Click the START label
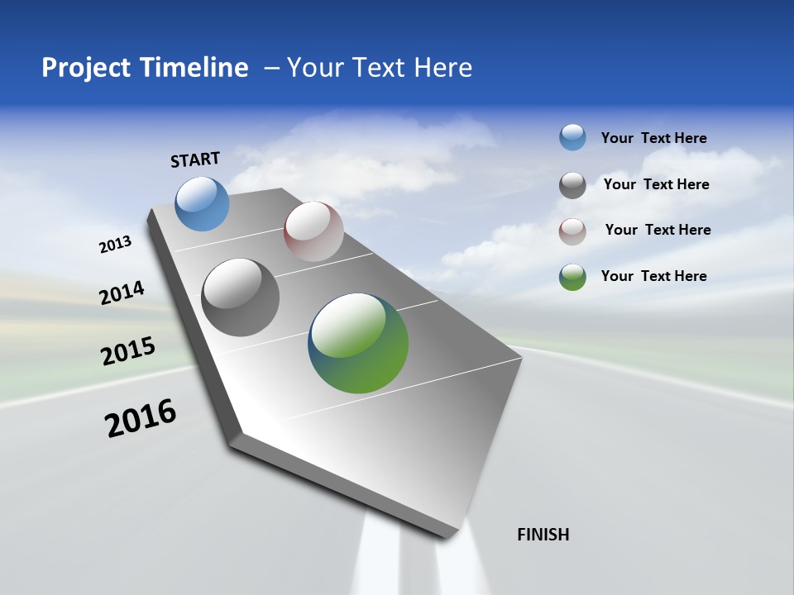click(x=195, y=159)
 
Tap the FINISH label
click(x=543, y=535)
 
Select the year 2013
click(x=116, y=245)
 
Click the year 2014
click(x=122, y=293)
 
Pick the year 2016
click(x=141, y=418)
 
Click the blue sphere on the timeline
click(x=203, y=203)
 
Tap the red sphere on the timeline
click(x=313, y=231)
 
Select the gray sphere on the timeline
click(x=241, y=297)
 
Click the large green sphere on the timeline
click(x=358, y=343)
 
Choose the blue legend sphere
click(x=572, y=137)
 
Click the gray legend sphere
click(x=572, y=185)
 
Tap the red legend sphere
click(x=572, y=231)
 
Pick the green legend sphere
click(x=572, y=277)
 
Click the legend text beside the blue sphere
click(x=653, y=138)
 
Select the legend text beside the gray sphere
click(x=656, y=184)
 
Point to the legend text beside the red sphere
click(x=658, y=230)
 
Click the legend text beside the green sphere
click(x=653, y=276)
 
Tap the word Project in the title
click(x=83, y=68)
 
